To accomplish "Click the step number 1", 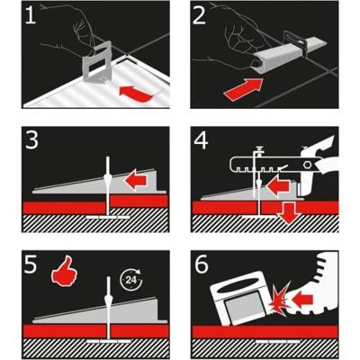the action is click(31, 14).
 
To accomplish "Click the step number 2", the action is click(200, 14).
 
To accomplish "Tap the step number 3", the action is click(31, 139).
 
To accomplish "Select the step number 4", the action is click(201, 139).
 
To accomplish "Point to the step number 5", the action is click(31, 264).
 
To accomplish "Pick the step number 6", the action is click(202, 264).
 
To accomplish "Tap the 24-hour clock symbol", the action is click(131, 280).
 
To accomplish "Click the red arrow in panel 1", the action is click(136, 94).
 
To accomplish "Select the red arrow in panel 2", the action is click(243, 87).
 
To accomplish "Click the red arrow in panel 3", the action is click(136, 179).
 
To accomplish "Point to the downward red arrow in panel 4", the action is click(288, 214).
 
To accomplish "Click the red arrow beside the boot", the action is click(303, 299).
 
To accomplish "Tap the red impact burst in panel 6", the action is click(279, 296).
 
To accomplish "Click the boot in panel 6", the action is click(314, 287).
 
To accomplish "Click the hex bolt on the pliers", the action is click(307, 165).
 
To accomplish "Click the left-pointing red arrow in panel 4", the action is click(277, 185).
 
